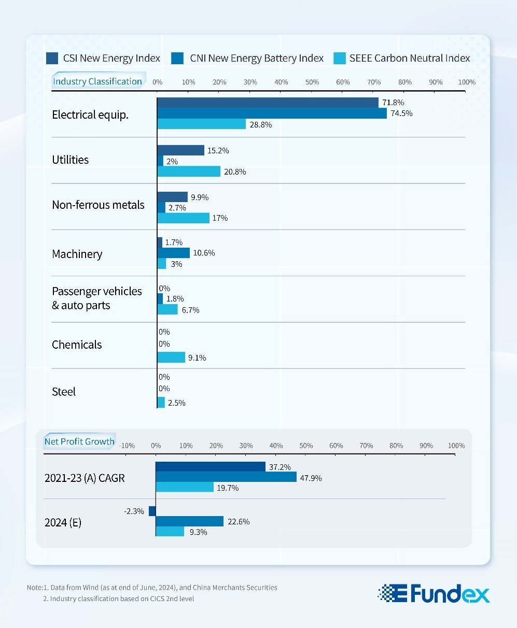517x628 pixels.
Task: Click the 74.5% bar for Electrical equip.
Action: click(x=272, y=113)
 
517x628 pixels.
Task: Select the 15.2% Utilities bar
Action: click(x=180, y=150)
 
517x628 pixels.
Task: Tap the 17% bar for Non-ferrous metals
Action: click(x=183, y=218)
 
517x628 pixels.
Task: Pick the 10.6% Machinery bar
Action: click(x=173, y=253)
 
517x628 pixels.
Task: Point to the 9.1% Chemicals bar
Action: click(x=171, y=358)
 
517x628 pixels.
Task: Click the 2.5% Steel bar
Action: click(x=161, y=403)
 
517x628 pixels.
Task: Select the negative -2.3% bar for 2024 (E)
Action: click(x=152, y=511)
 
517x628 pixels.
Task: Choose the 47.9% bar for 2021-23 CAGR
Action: click(x=226, y=477)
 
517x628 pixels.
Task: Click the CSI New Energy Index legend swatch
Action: click(x=52, y=58)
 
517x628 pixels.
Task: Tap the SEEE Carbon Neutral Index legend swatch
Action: click(x=339, y=58)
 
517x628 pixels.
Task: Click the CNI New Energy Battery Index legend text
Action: click(x=257, y=58)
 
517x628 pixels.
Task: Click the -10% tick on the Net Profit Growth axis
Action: click(x=127, y=446)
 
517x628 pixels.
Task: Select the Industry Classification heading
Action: click(x=97, y=81)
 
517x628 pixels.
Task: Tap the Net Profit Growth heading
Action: click(x=79, y=441)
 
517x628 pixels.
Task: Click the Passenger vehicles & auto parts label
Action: click(x=96, y=298)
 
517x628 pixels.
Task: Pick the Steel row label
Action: click(x=64, y=392)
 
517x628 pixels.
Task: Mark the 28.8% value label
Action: click(x=260, y=125)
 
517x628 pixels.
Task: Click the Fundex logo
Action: click(x=434, y=593)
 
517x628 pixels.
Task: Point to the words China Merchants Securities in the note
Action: click(x=235, y=588)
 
